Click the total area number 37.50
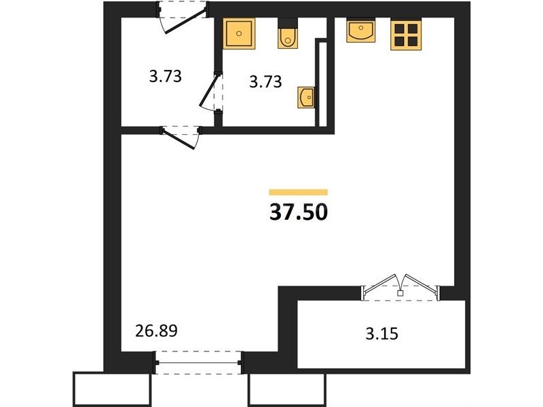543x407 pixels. click(x=298, y=212)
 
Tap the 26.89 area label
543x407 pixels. click(x=156, y=331)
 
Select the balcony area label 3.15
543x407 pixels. click(x=382, y=334)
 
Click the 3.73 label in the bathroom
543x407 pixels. click(x=265, y=82)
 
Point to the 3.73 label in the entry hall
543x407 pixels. click(x=166, y=76)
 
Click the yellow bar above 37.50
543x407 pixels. click(x=298, y=192)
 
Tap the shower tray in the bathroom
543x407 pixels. click(x=239, y=33)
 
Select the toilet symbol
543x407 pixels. click(x=287, y=34)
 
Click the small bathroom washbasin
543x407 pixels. click(x=307, y=98)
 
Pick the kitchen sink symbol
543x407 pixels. click(x=361, y=30)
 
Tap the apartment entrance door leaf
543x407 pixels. click(x=185, y=21)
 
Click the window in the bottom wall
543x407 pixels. click(x=199, y=363)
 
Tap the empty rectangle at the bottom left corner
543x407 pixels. click(x=112, y=389)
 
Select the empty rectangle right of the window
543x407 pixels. click(x=287, y=390)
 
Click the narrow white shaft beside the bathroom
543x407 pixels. click(x=322, y=83)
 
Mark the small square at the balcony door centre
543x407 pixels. click(x=400, y=294)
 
